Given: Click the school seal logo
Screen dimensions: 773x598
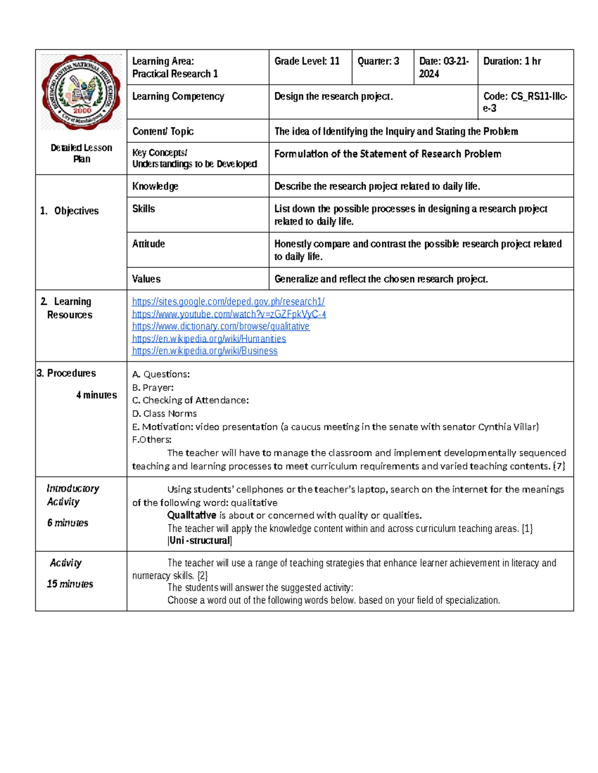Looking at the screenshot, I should [81, 92].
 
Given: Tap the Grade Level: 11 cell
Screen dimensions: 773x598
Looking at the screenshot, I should [307, 61].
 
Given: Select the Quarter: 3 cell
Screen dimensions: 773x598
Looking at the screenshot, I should [378, 61].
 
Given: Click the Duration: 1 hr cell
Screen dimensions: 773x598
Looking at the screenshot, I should [512, 61].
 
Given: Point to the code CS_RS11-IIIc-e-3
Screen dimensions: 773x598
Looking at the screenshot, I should [525, 102].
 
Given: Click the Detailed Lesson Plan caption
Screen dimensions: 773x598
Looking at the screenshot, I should [81, 153].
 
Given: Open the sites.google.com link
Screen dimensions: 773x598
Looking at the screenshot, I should [228, 302].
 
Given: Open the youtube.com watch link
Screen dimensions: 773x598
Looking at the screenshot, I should [229, 314].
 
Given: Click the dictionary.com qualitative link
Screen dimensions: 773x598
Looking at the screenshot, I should [220, 326].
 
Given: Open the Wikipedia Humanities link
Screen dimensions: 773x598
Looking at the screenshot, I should [209, 338].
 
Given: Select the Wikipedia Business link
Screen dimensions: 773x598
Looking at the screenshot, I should [204, 351].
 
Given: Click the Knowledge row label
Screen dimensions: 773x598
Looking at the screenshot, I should [155, 186].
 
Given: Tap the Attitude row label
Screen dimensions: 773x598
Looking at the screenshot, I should [149, 244].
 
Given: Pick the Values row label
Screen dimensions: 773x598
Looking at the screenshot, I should [146, 279].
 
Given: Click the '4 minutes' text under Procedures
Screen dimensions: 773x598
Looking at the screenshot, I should [96, 395].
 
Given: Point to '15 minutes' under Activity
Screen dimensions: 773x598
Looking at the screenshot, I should [70, 584].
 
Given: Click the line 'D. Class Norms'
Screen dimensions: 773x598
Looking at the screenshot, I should [164, 414].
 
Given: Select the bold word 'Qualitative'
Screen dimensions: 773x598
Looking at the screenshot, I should [191, 515].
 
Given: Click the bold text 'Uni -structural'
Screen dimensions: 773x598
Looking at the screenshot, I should [200, 541].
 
